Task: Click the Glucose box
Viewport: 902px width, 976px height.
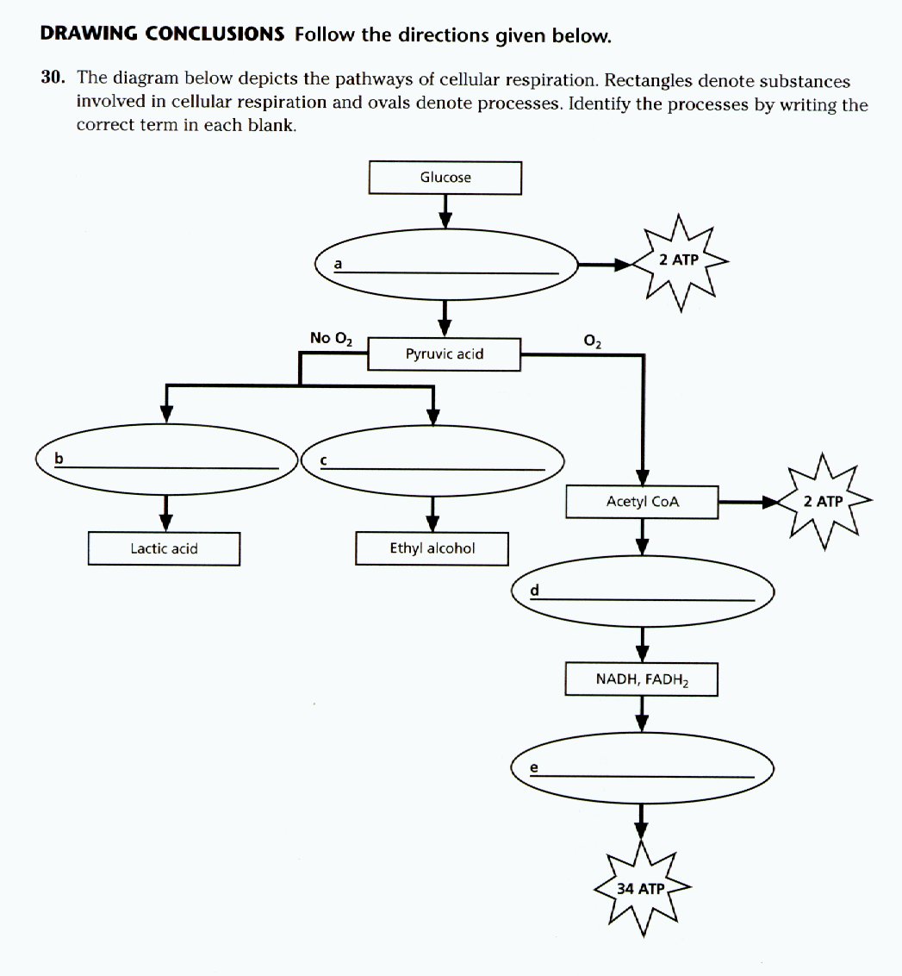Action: coord(445,178)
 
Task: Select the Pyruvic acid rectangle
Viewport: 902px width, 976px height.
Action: coord(445,353)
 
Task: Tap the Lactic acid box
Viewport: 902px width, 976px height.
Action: coord(164,548)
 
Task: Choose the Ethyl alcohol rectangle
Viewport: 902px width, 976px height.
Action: coord(432,548)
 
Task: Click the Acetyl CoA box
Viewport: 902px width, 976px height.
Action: coord(642,501)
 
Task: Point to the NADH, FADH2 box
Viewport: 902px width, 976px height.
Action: coord(642,679)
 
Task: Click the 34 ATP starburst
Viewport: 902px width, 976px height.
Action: coord(641,888)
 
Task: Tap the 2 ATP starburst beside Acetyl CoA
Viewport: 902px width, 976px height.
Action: coord(823,501)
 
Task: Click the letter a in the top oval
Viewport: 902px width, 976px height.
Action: coord(339,264)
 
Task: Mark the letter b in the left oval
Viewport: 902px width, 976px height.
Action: coord(59,457)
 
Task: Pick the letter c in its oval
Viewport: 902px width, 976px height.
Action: coord(323,460)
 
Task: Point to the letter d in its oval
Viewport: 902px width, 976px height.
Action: coord(535,590)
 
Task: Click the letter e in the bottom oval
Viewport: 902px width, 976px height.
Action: coord(534,767)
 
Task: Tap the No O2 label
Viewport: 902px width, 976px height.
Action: coord(332,338)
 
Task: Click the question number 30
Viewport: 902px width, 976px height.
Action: coord(53,78)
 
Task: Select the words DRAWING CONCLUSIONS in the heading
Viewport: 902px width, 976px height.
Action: coord(162,34)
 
